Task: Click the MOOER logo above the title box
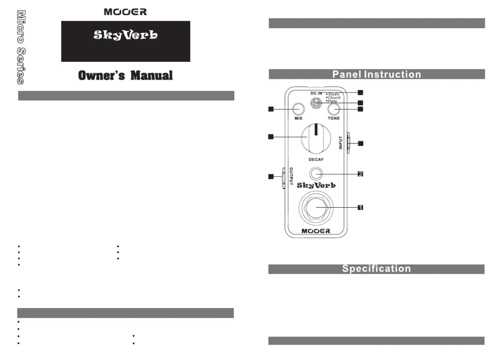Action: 125,12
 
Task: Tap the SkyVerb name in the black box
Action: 125,35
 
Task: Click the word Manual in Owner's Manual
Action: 152,75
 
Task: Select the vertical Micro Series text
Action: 21,47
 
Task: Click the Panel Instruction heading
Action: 377,74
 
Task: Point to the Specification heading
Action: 376,269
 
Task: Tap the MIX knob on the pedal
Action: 298,109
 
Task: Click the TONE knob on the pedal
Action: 333,109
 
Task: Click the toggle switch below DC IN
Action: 316,103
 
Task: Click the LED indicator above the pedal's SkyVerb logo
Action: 316,174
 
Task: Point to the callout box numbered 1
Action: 360,208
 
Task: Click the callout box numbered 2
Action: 360,174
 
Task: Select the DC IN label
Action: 316,93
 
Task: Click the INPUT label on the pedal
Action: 341,143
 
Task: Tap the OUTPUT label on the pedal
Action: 291,176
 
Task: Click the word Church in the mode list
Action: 334,98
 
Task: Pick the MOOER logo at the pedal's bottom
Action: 316,231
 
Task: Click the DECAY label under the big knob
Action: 316,160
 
